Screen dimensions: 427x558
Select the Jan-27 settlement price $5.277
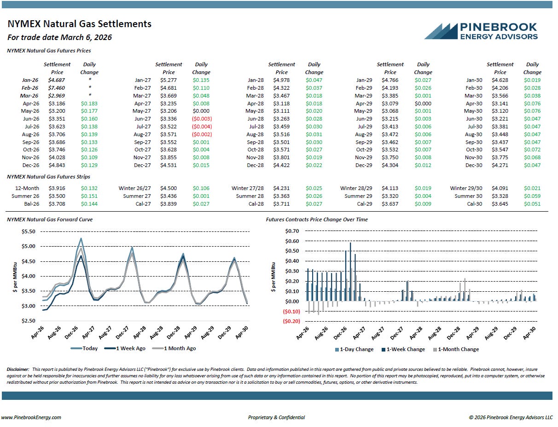[x=169, y=80]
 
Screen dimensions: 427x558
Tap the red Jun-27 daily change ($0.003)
[x=201, y=119]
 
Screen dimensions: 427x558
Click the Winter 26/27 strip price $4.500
[x=169, y=188]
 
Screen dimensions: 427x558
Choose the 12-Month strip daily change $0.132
[x=89, y=188]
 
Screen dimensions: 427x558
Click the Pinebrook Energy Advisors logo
[x=481, y=31]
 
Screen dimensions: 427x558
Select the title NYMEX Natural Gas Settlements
[x=80, y=24]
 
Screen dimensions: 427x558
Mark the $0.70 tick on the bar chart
[x=292, y=231]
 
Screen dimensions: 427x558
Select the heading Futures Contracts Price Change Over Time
[x=317, y=219]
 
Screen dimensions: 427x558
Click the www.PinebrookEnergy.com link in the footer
[x=31, y=417]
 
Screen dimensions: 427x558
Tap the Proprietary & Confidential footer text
[x=276, y=417]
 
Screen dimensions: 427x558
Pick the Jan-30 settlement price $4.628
[x=500, y=80]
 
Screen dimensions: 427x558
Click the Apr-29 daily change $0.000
[x=423, y=104]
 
